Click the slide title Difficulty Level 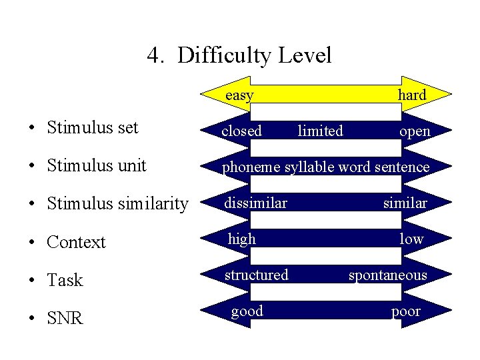coord(239,55)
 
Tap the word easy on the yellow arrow coord(239,95)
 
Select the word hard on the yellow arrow coord(411,95)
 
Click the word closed coord(241,131)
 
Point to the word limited coord(320,131)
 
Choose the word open coord(415,132)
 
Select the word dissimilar coord(255,202)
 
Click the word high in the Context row coord(242,238)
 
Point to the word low coord(411,239)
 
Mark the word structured coord(257,275)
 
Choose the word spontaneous coord(387,275)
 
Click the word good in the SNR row coord(247,311)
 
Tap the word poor coord(405,311)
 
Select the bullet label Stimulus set coord(93,127)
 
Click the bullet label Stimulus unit coord(97,165)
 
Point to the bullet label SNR coord(65,319)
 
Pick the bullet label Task coord(65,281)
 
